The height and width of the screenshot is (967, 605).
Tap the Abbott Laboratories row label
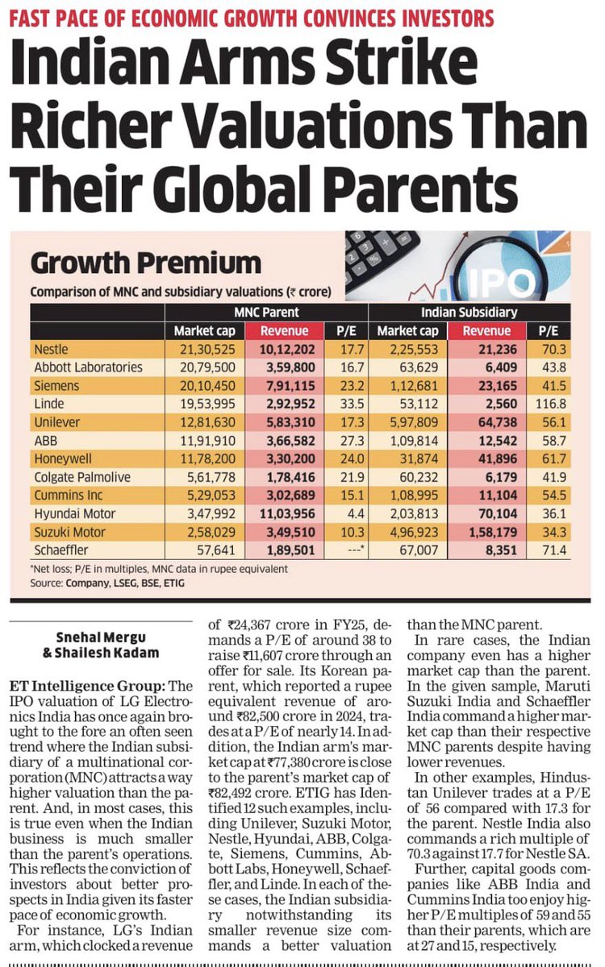point(89,367)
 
